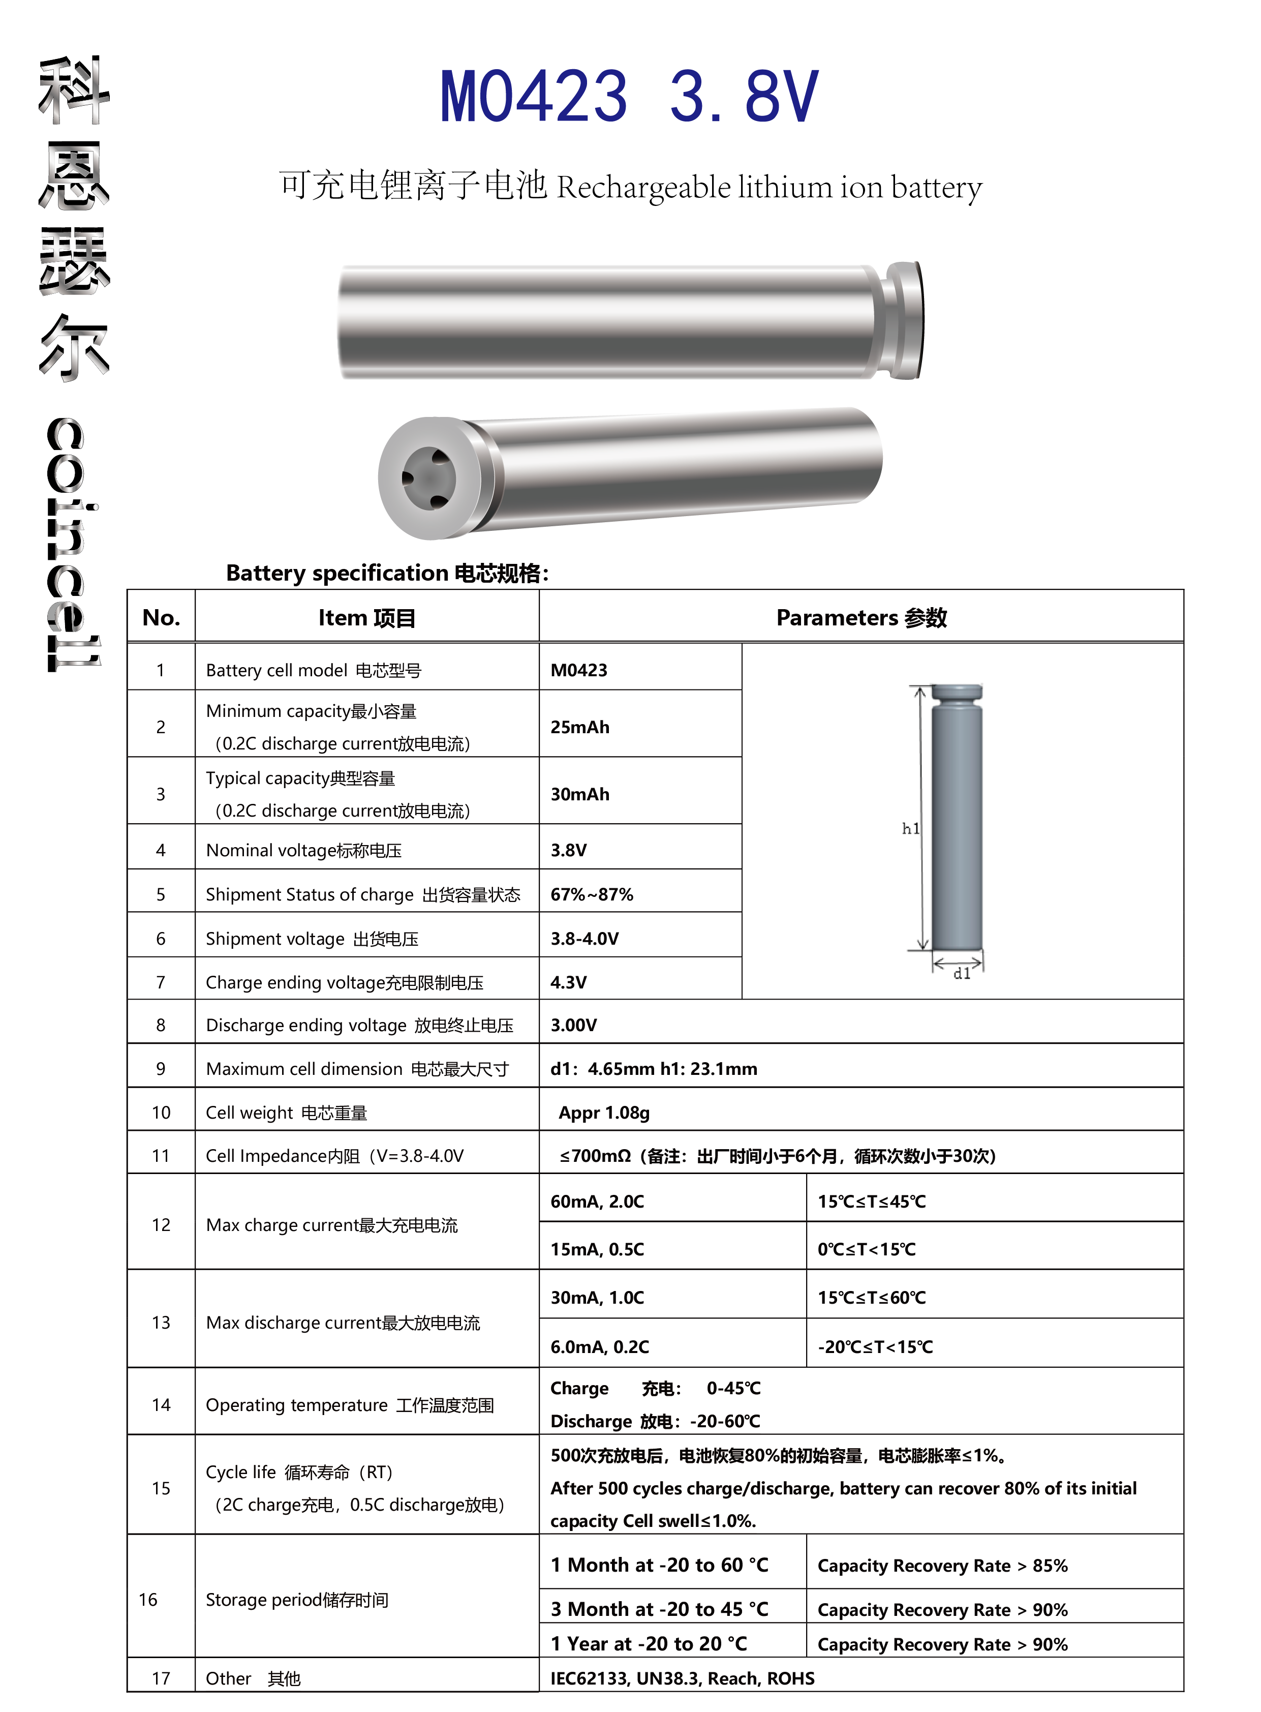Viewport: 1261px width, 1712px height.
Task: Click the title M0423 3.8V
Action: (629, 96)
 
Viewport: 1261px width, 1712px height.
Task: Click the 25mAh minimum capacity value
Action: (579, 727)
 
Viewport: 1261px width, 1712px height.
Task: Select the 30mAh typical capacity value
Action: (579, 794)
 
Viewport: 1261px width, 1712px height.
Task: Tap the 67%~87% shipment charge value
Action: (592, 894)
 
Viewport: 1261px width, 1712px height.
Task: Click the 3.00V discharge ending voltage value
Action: (573, 1025)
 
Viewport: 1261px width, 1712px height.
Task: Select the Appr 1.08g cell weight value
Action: (604, 1113)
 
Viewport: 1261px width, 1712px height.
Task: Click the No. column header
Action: (161, 617)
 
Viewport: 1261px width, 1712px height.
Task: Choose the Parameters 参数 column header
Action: (861, 617)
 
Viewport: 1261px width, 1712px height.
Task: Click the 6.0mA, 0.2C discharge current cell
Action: (599, 1346)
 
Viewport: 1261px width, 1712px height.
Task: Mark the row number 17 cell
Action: (161, 1677)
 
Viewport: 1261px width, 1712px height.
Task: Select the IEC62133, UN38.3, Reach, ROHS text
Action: (683, 1677)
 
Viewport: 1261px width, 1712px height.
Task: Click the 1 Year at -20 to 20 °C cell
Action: (649, 1643)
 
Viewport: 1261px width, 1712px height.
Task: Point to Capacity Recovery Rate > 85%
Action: (942, 1566)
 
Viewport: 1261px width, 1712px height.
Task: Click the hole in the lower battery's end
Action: (428, 479)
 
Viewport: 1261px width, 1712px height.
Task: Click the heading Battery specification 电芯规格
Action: (387, 573)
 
